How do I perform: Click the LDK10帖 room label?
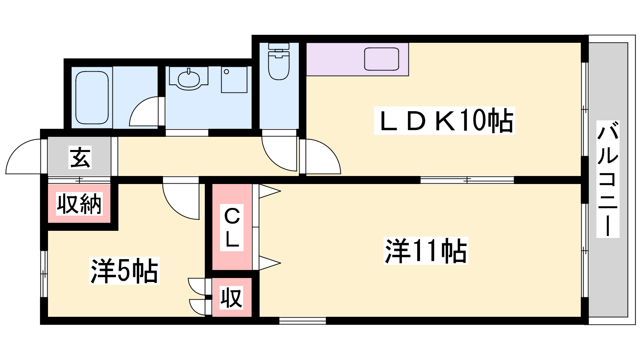coord(444,120)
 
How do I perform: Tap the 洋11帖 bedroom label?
coord(426,251)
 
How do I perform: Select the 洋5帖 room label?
coord(124,271)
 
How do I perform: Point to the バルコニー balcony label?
coord(608,179)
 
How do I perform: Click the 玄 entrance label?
coord(80,157)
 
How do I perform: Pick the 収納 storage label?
coord(79,204)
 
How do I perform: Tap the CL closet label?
coord(232,228)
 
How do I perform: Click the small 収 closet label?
coord(232,298)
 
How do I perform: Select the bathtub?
coord(92,98)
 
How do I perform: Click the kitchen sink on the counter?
coord(382,59)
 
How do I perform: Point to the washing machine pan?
coord(234,80)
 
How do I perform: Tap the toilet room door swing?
coord(280,154)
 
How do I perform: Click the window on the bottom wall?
coord(302,320)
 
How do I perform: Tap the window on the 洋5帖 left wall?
coord(44,274)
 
